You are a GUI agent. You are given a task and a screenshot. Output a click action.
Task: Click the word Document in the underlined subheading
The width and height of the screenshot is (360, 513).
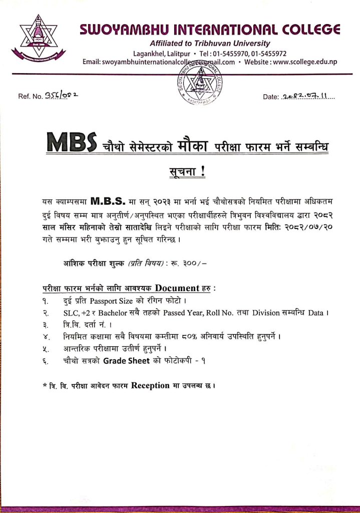pyautogui.click(x=178, y=288)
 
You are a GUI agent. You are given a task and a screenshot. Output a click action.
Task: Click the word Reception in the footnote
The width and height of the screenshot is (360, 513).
pyautogui.click(x=151, y=385)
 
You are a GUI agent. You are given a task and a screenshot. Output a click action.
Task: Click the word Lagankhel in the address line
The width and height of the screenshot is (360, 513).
pyautogui.click(x=149, y=53)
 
